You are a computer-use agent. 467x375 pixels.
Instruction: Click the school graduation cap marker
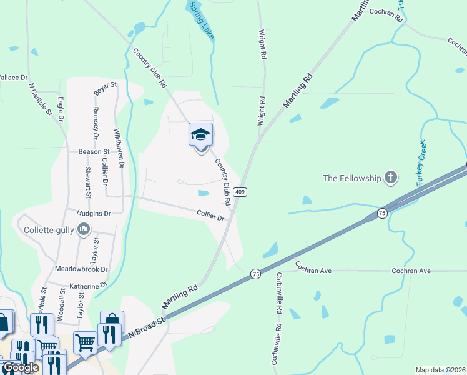pos(200,135)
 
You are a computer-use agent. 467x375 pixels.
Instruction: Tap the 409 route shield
pos(239,192)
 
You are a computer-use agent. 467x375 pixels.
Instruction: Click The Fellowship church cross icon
pos(391,177)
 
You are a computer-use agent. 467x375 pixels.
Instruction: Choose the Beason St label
pos(94,151)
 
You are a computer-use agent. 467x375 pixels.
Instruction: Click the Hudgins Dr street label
pos(94,213)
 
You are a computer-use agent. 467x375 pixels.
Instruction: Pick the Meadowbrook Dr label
pos(81,269)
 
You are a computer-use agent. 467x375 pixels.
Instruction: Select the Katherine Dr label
pos(87,286)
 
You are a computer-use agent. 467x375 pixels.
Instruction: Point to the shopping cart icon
pos(84,341)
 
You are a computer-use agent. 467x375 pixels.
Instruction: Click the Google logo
pos(21,367)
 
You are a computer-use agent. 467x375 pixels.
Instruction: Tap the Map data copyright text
pos(441,370)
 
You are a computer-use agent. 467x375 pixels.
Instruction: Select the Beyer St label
pos(105,89)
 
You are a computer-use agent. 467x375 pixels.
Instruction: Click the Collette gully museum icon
pos(84,230)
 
